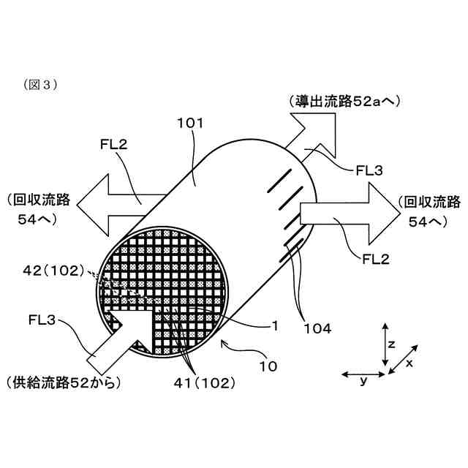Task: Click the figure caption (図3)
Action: point(41,84)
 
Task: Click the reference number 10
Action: point(268,365)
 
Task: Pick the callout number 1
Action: point(275,326)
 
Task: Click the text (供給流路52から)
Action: point(61,382)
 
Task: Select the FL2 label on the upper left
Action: point(113,144)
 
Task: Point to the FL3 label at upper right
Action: point(371,170)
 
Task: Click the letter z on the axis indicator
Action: point(392,342)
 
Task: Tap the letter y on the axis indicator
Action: point(363,382)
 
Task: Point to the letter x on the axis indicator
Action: point(410,363)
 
